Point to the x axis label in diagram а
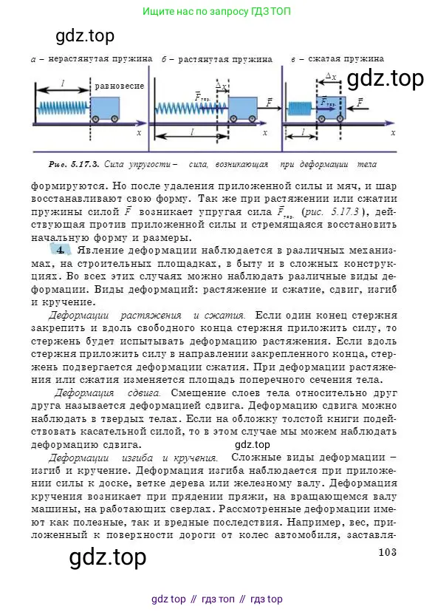click(138, 133)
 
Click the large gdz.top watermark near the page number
click(107, 557)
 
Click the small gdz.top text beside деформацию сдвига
click(253, 444)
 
